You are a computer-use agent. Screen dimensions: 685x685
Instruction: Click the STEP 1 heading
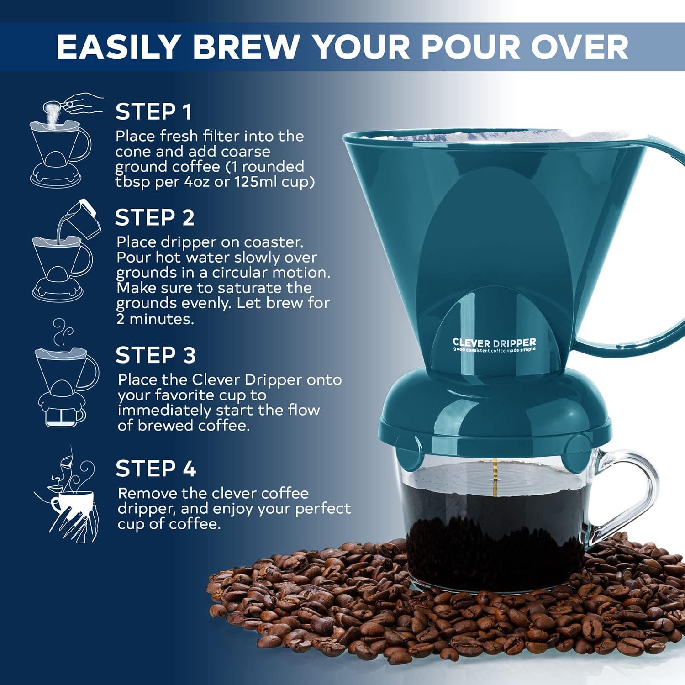point(153,112)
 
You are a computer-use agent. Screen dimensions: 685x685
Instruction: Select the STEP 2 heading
point(154,217)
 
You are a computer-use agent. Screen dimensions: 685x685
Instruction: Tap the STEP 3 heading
point(155,355)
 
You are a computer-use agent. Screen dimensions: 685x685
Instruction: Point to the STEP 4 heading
point(155,469)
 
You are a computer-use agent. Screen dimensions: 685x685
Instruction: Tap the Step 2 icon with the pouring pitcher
point(64,251)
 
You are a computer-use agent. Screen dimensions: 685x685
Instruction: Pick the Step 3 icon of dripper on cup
point(64,374)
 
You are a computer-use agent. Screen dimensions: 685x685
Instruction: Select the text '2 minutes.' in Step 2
point(155,319)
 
